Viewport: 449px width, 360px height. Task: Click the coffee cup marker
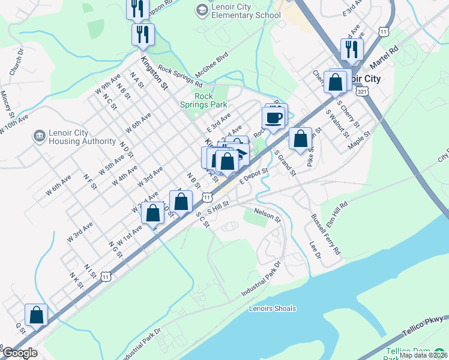274,118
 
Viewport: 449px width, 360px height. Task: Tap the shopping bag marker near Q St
36,316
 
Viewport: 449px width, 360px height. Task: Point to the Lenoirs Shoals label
272,308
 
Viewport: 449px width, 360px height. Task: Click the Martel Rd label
385,56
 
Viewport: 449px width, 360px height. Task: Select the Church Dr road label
16,62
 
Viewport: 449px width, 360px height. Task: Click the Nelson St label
267,214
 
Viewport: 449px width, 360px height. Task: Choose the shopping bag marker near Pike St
300,139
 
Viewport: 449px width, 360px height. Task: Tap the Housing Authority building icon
40,137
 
